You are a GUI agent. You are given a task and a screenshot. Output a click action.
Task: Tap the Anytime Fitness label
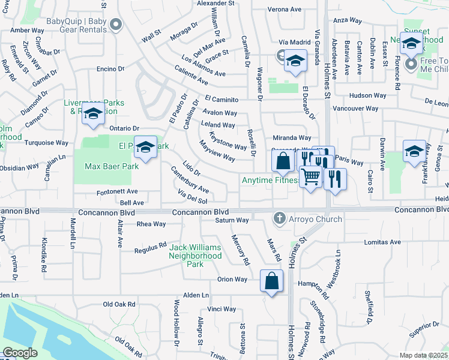271,180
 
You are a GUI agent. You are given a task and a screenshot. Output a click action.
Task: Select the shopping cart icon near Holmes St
310,178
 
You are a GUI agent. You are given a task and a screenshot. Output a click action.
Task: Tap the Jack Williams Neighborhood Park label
196,256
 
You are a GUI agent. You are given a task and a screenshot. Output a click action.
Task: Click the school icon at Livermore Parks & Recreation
93,114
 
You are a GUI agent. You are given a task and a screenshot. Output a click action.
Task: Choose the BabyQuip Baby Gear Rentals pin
116,25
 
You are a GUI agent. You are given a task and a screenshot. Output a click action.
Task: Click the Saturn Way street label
232,220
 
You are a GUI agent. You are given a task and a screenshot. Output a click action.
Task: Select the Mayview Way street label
217,153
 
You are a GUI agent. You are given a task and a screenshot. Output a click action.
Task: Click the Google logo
20,353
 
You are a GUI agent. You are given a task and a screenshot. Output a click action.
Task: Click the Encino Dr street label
110,69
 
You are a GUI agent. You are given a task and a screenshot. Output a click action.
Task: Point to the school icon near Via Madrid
295,62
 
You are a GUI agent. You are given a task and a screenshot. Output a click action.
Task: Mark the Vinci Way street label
221,310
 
